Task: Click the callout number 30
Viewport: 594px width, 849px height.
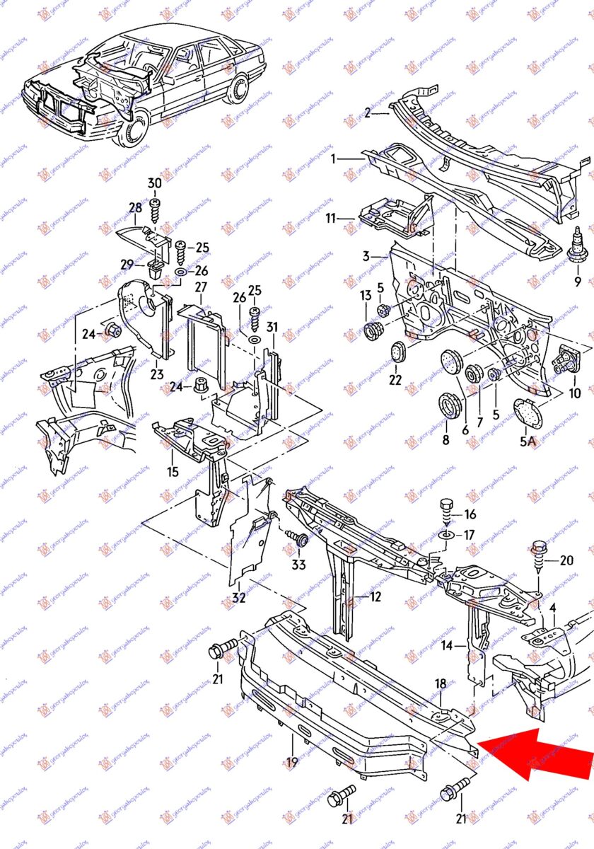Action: (154, 183)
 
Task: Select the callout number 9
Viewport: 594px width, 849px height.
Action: (577, 282)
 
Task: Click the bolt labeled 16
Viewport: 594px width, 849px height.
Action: (447, 508)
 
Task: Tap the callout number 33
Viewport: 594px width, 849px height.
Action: (299, 565)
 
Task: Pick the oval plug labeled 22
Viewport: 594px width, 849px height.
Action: (398, 351)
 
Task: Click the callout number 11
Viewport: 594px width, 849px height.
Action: (331, 219)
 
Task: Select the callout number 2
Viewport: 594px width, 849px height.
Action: (367, 112)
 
